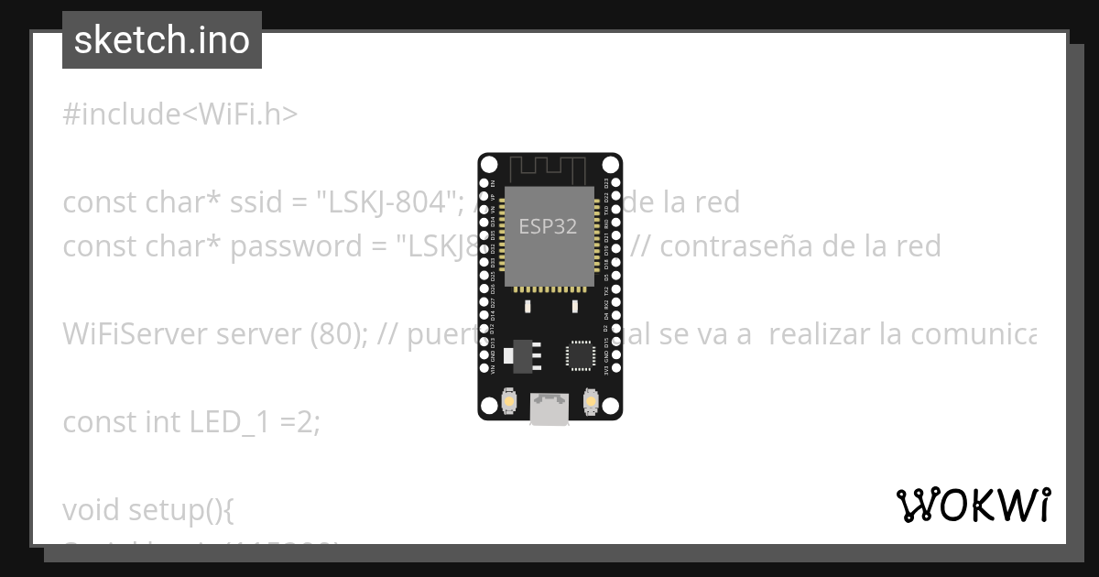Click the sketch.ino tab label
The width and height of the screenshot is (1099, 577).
pos(162,40)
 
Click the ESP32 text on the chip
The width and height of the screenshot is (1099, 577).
pos(548,226)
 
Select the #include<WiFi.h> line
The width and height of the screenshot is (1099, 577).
pos(180,114)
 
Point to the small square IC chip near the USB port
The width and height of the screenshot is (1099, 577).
pos(580,355)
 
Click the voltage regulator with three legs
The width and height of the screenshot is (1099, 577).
pos(523,354)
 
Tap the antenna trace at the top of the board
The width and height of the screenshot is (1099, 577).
pos(547,170)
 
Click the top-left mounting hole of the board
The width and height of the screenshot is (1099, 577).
pos(490,165)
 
